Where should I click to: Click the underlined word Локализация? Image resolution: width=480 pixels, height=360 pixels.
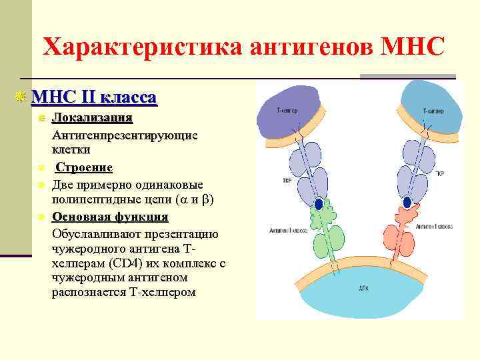coord(92,119)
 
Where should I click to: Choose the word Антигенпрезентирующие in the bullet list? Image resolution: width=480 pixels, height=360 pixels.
coord(125,135)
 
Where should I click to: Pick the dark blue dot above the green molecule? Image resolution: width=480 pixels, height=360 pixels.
coord(319,203)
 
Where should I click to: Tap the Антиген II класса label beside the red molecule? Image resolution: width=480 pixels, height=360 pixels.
coord(433,227)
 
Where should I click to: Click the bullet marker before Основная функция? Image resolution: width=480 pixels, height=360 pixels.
coord(41,217)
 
